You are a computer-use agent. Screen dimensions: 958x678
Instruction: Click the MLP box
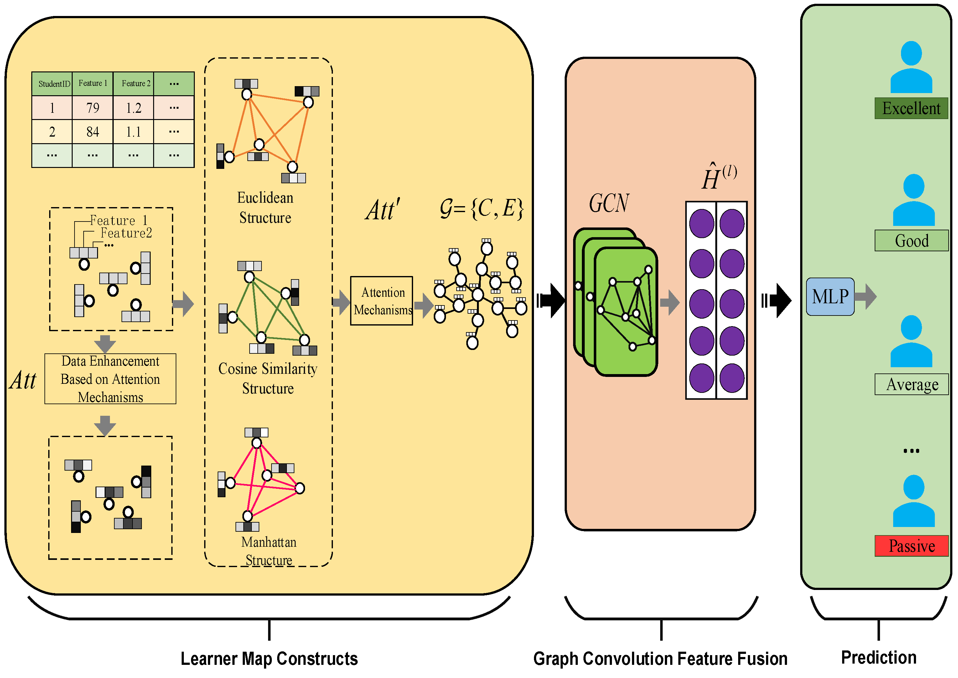pyautogui.click(x=830, y=296)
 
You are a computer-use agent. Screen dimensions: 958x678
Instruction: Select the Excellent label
pyautogui.click(x=911, y=108)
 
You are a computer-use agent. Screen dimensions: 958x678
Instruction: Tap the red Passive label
pyautogui.click(x=911, y=546)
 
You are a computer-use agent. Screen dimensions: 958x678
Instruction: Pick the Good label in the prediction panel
pyautogui.click(x=911, y=241)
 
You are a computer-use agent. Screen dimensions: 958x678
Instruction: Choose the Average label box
pyautogui.click(x=911, y=384)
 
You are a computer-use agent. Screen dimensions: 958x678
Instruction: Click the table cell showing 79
pyautogui.click(x=93, y=108)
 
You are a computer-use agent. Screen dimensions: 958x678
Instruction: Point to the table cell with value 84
pyautogui.click(x=93, y=132)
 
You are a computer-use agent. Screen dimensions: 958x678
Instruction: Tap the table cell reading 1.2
pyautogui.click(x=133, y=108)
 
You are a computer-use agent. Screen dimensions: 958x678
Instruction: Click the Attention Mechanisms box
pyautogui.click(x=381, y=300)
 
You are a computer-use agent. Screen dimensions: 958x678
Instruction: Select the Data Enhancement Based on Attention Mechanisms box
pyautogui.click(x=110, y=379)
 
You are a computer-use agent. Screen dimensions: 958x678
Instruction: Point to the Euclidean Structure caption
pyautogui.click(x=265, y=207)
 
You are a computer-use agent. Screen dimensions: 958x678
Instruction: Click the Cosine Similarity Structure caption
pyautogui.click(x=268, y=378)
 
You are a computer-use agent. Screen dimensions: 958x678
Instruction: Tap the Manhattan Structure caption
pyautogui.click(x=269, y=551)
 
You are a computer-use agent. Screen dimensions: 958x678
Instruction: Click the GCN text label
pyautogui.click(x=609, y=203)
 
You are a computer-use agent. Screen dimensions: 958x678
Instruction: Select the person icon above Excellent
pyautogui.click(x=911, y=67)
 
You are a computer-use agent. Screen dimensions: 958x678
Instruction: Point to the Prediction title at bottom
pyautogui.click(x=879, y=658)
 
